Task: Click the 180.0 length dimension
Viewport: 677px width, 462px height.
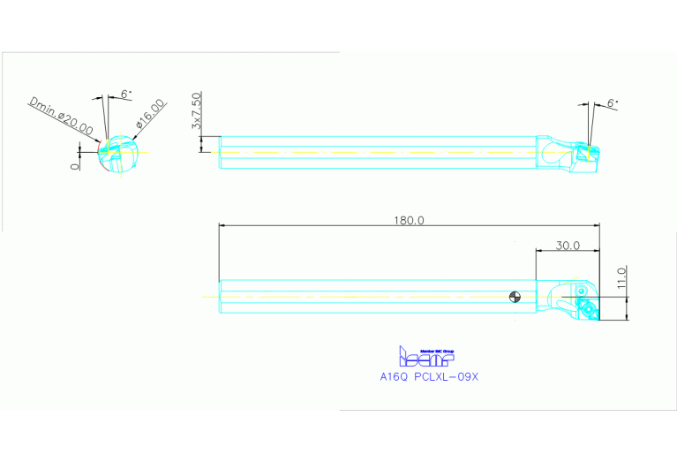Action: click(409, 220)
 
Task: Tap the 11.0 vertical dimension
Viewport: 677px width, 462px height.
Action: click(621, 276)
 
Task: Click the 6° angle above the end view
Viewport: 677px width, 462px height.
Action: click(125, 93)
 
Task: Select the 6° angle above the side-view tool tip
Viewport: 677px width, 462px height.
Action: click(612, 103)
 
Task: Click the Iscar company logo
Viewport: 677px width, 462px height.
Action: click(426, 357)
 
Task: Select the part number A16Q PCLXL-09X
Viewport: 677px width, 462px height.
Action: click(428, 376)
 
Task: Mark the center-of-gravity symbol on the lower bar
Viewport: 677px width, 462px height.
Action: click(514, 296)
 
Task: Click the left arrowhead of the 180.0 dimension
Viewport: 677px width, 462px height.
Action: click(222, 226)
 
